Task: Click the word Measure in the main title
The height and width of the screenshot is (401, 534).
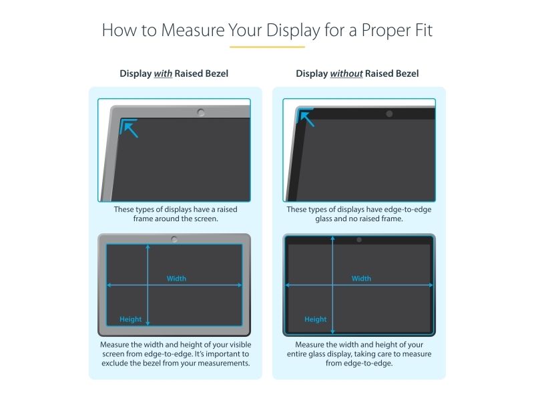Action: [x=192, y=30]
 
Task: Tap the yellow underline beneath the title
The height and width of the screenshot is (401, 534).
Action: [x=267, y=47]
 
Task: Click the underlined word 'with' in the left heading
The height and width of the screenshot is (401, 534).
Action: [x=163, y=74]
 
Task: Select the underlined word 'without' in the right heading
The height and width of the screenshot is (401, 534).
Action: [x=346, y=74]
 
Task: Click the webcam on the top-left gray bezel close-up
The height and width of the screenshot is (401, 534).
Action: [x=201, y=112]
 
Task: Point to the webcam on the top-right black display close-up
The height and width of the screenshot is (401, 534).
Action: [x=389, y=114]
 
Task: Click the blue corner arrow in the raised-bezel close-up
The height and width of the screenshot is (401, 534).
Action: [x=129, y=128]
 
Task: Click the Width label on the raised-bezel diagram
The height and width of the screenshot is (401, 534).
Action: [x=176, y=279]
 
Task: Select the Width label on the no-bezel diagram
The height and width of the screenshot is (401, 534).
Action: [x=361, y=279]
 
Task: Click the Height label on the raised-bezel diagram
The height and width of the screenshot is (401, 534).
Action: [x=130, y=319]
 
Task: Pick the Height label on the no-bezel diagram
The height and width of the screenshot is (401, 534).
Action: [x=315, y=319]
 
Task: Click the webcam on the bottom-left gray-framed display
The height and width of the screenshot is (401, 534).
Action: [x=174, y=239]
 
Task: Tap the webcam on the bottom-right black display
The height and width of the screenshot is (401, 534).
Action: [x=359, y=240]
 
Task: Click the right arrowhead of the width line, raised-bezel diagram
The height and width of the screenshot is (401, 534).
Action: [x=240, y=285]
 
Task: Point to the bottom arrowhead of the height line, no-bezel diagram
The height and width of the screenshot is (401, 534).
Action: [x=332, y=331]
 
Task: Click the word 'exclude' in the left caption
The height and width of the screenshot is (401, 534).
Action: [x=114, y=363]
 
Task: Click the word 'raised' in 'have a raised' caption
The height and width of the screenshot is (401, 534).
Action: [x=227, y=209]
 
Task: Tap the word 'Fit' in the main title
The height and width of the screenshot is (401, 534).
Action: [x=424, y=30]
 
